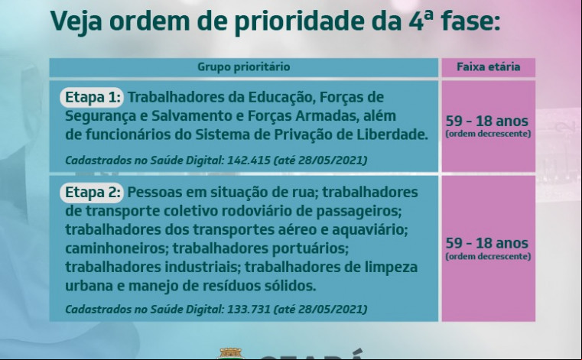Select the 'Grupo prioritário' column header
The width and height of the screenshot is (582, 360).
(243, 67)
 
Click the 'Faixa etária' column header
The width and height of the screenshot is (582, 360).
(488, 66)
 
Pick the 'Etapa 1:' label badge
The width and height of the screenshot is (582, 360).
(91, 97)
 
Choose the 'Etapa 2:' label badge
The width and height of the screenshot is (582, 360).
(91, 193)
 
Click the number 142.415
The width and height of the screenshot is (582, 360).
(249, 161)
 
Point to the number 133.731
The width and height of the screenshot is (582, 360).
(249, 309)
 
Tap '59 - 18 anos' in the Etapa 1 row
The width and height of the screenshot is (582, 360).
(486, 121)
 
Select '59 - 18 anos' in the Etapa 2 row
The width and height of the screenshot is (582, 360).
(486, 243)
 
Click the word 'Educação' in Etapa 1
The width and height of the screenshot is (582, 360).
(281, 98)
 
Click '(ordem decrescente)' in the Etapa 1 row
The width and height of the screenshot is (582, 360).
(488, 134)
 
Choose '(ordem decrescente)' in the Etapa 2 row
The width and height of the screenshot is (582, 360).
(488, 257)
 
